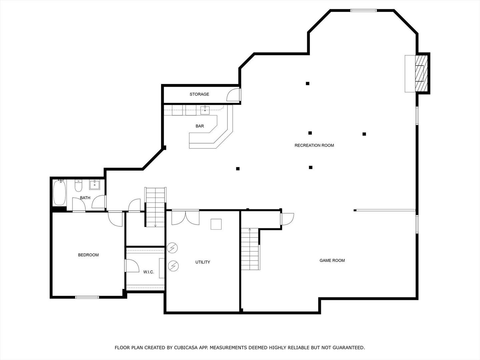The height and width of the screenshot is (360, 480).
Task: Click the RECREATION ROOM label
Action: [x=314, y=145]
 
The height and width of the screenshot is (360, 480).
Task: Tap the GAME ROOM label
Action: [x=332, y=260]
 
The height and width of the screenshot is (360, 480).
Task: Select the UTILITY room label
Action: [x=203, y=262]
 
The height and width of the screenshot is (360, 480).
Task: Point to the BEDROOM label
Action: [x=88, y=255]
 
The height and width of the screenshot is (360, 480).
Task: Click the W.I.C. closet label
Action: [x=149, y=272]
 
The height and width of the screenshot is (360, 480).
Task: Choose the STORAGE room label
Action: [x=199, y=94]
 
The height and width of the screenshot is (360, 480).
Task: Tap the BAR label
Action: [x=200, y=126]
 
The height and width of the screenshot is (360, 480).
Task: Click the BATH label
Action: [x=85, y=198]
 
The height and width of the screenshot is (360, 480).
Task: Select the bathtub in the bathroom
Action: [x=59, y=193]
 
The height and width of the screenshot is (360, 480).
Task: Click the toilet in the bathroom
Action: [x=79, y=186]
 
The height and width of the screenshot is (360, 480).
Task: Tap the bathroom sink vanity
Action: [x=95, y=184]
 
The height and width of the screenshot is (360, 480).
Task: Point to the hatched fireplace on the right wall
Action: [x=421, y=73]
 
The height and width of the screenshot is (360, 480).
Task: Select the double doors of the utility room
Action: [x=185, y=217]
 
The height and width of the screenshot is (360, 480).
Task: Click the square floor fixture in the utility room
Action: [x=216, y=224]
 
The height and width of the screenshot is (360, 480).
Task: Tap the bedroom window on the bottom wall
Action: [x=87, y=297]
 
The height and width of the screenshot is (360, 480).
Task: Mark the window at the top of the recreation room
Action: [x=363, y=10]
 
